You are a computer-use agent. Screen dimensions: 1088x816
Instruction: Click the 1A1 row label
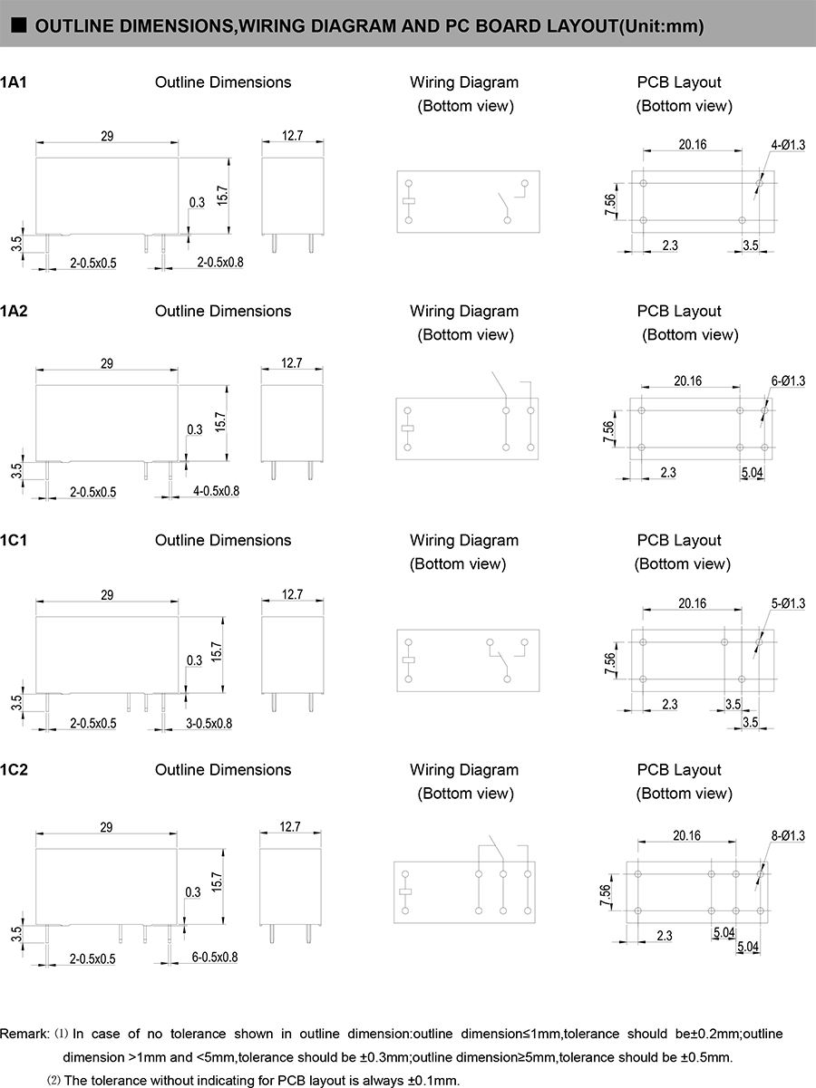pos(14,82)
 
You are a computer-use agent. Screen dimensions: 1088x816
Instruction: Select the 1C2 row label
pos(15,770)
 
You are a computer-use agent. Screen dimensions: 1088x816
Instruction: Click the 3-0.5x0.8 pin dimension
pos(209,724)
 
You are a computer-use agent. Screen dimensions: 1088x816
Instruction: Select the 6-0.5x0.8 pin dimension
pos(214,958)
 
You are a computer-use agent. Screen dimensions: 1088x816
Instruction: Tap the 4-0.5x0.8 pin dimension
pos(215,491)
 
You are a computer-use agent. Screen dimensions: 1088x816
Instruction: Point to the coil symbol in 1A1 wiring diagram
pos(408,201)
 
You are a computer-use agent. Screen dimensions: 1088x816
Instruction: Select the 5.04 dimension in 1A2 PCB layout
pos(752,473)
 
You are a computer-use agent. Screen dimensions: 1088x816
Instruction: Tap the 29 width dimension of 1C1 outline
pos(107,595)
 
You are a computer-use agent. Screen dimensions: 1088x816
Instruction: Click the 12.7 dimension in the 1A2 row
pos(291,363)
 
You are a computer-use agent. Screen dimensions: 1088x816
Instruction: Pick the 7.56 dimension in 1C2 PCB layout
pos(606,891)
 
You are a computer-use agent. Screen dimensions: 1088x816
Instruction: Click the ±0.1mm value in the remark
pos(436,1080)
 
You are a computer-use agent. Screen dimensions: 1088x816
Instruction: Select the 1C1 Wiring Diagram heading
pos(464,541)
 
